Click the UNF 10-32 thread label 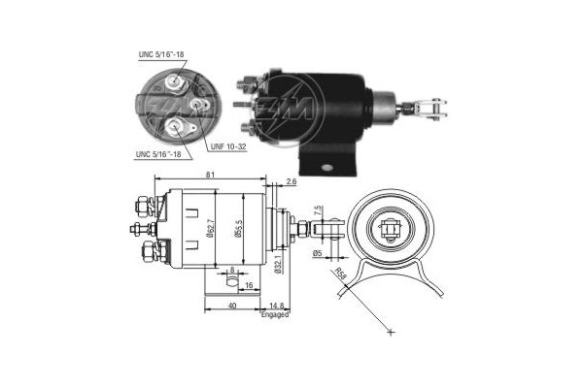pyautogui.click(x=228, y=146)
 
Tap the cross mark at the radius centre pyautogui.click(x=390, y=332)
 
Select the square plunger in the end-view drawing pyautogui.click(x=392, y=230)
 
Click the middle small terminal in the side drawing pyautogui.click(x=136, y=229)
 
